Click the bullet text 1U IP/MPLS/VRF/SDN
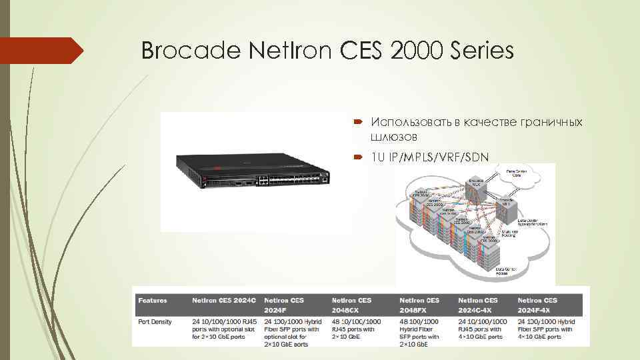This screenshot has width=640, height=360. tap(430, 157)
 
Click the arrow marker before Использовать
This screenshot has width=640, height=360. tap(358, 123)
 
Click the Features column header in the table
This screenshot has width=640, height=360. tap(153, 301)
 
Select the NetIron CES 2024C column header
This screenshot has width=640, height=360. tap(223, 301)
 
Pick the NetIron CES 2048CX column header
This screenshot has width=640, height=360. tap(352, 305)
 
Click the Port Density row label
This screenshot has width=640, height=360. tap(155, 322)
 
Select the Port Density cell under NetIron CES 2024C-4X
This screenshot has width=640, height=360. tap(482, 329)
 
